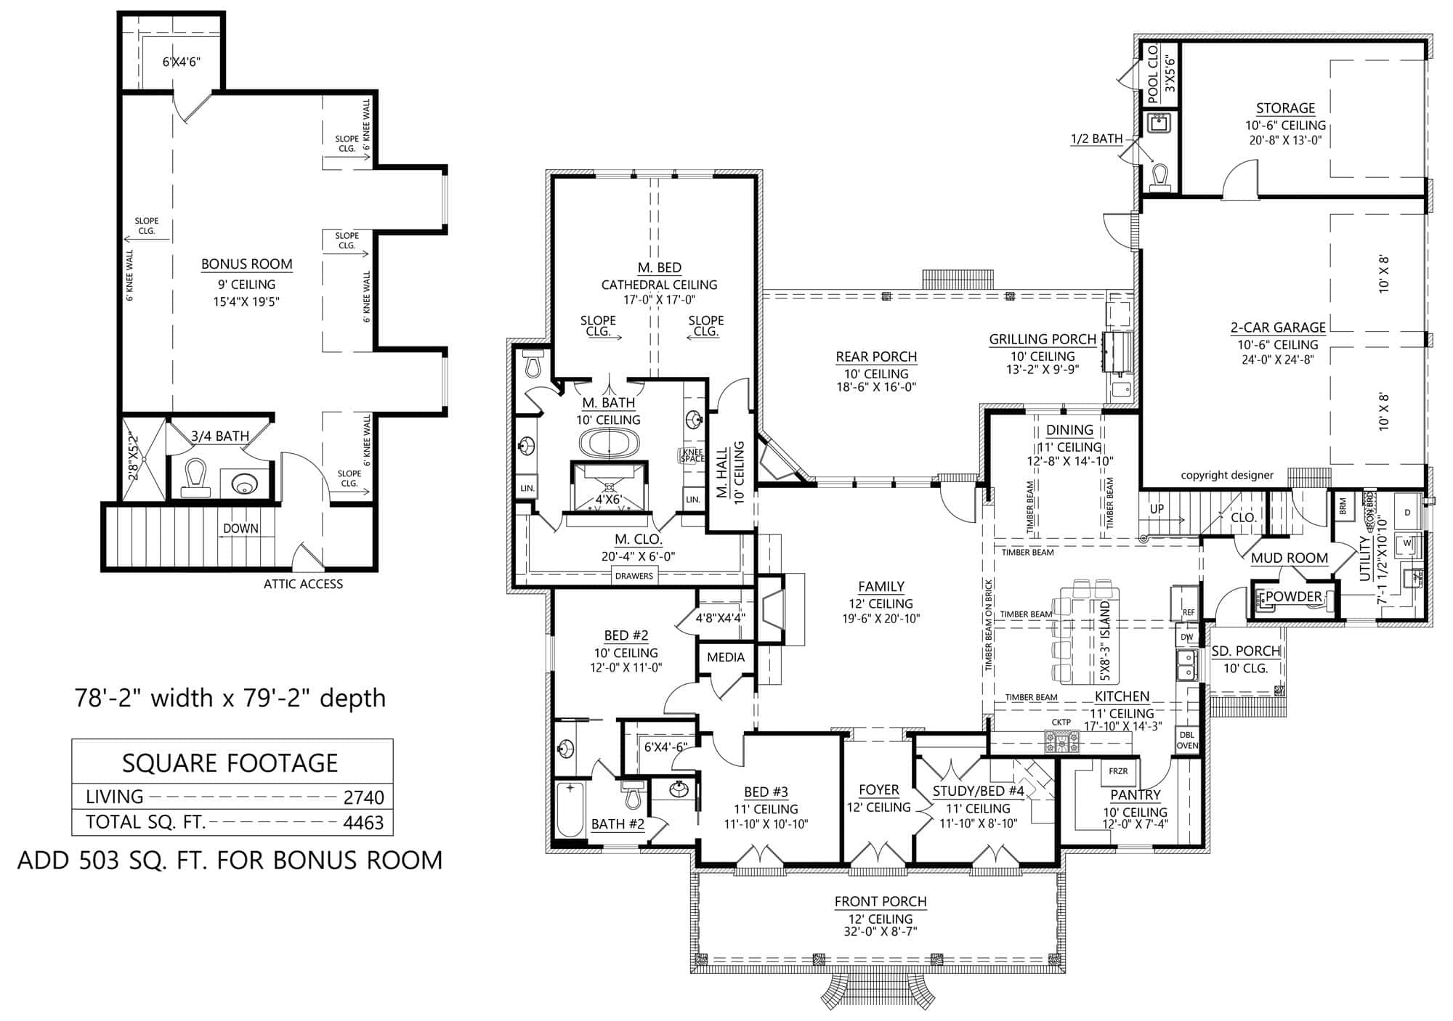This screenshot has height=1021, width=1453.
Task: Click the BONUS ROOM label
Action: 246,264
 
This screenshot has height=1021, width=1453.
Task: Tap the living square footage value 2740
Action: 363,797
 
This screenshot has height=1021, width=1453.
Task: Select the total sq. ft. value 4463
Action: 363,823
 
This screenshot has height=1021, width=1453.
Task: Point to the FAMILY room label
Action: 881,586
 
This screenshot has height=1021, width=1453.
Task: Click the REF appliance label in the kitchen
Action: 1189,612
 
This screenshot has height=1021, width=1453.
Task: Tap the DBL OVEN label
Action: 1186,740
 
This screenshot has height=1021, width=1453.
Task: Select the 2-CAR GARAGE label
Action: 1278,328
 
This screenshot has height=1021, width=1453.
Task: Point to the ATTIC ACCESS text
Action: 303,584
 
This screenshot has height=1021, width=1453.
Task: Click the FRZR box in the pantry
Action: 1118,771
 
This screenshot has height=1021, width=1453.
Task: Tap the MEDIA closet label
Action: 725,657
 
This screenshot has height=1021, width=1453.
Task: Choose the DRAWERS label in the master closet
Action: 634,576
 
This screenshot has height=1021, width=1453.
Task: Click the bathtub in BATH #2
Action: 570,809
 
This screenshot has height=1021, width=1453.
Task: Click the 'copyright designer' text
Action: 1227,475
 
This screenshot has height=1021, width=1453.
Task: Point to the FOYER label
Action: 878,790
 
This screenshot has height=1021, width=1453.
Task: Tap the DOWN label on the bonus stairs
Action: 240,529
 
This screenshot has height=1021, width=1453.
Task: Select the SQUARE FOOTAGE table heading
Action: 230,763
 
